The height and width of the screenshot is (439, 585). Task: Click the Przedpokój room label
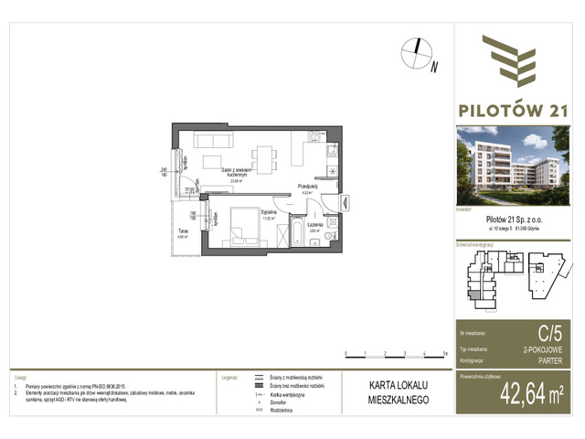tap(306, 187)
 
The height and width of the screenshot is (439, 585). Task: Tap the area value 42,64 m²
tap(531, 395)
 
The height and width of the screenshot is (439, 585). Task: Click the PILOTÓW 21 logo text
tap(519, 111)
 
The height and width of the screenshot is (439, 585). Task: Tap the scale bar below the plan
tap(395, 352)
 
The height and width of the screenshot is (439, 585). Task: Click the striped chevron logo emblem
tap(516, 60)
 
